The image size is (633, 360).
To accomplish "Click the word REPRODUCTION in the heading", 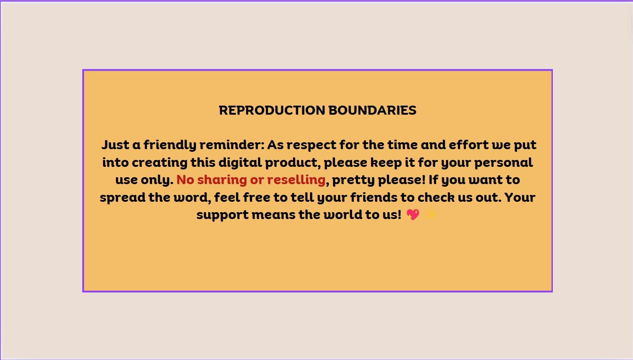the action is tap(272, 110).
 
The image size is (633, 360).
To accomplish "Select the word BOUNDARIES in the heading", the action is tap(372, 110).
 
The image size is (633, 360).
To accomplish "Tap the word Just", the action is tap(115, 145).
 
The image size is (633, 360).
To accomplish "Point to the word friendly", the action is tap(169, 145).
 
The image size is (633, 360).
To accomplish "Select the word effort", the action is tap(468, 145).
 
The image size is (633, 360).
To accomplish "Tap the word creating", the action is tap(160, 163).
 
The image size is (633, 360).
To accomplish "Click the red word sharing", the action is tap(222, 180).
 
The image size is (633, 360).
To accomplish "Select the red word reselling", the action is tap(296, 180).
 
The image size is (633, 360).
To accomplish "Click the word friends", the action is tap(374, 197).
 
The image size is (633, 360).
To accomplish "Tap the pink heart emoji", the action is tap(413, 215).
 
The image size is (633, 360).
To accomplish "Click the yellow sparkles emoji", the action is tap(430, 215).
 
